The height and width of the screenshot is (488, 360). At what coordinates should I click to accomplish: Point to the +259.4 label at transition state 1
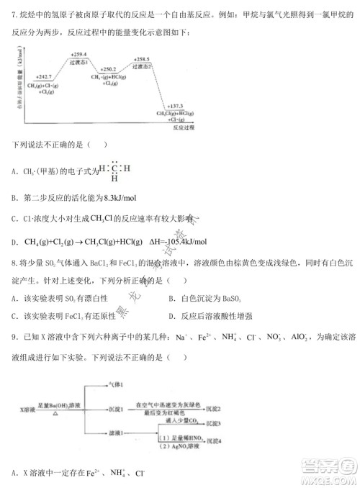[79, 55]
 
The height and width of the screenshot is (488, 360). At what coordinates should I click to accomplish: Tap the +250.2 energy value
[110, 69]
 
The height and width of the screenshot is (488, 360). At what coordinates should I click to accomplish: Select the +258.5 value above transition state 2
[143, 58]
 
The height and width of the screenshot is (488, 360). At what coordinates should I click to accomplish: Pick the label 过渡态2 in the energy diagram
[143, 65]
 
